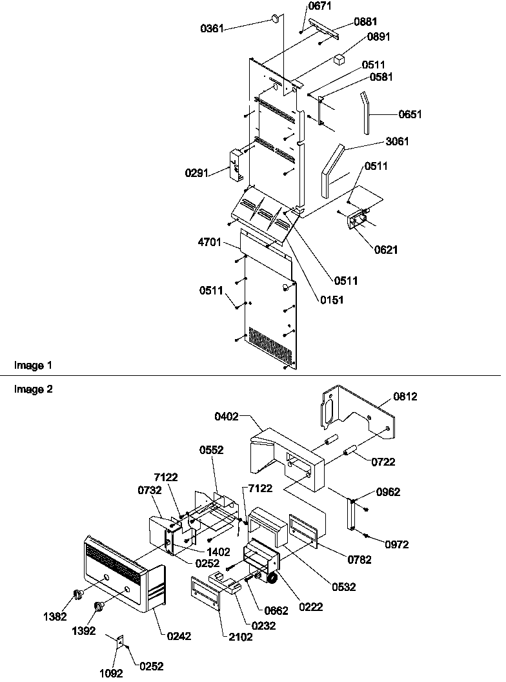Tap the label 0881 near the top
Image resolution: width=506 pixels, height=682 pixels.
[x=365, y=21]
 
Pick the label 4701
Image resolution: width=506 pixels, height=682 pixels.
[x=210, y=243]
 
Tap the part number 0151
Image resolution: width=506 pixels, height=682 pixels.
[x=331, y=300]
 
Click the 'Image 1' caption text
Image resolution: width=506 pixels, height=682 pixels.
[x=33, y=366]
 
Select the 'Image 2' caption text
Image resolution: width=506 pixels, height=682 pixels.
[x=33, y=389]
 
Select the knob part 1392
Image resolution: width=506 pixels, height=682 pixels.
[x=99, y=606]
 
